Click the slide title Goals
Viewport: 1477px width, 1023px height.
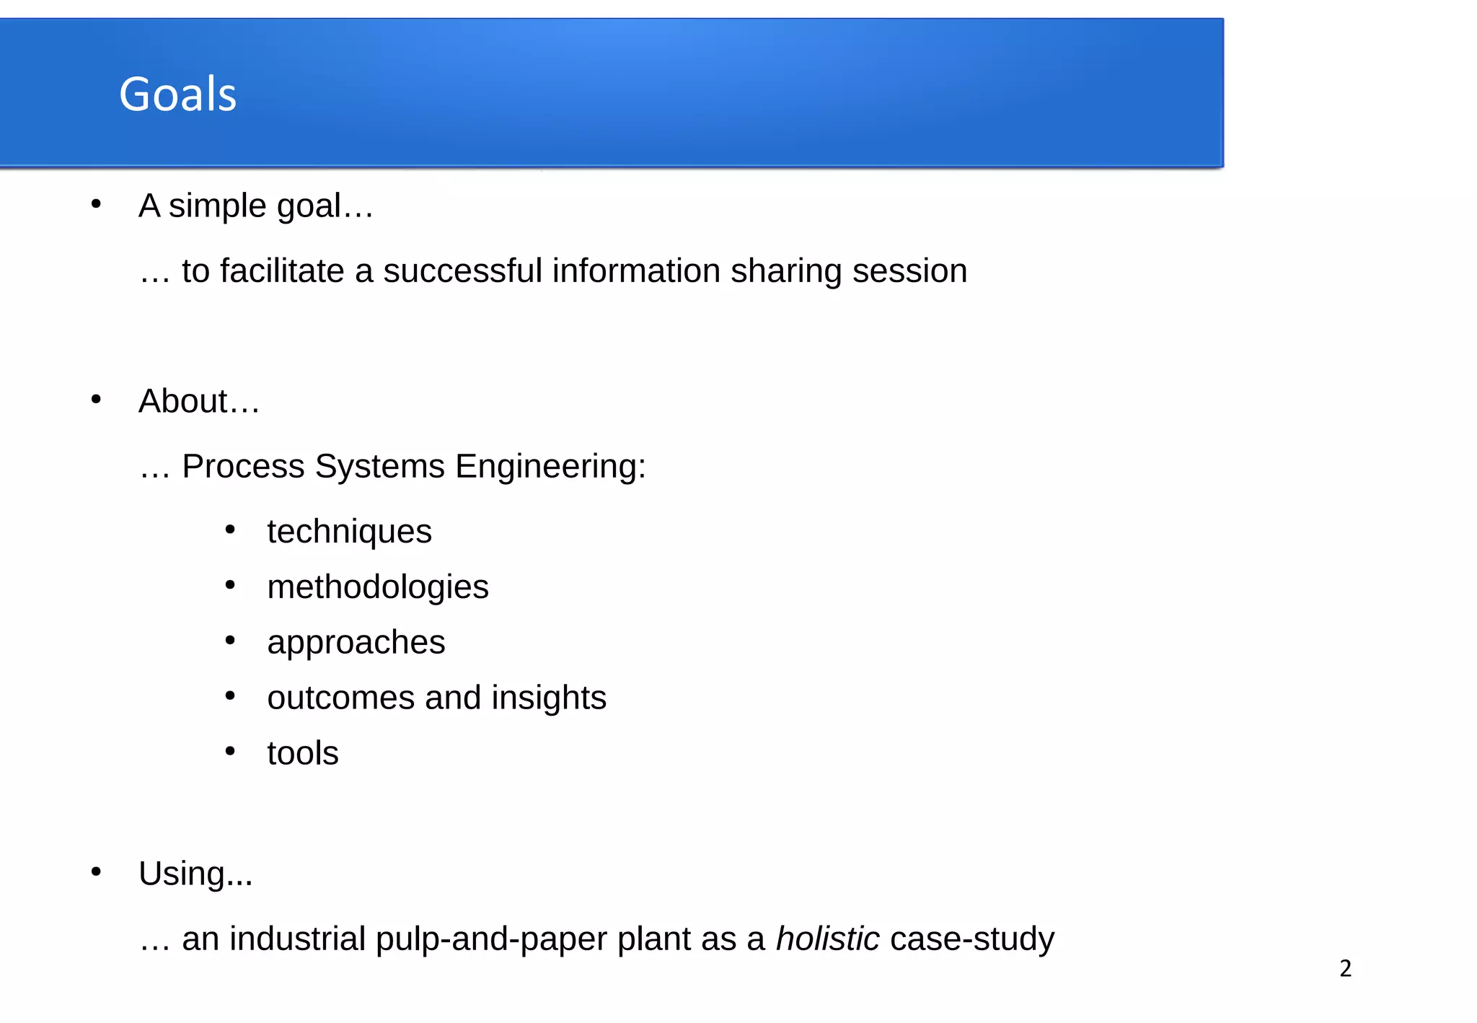[177, 95]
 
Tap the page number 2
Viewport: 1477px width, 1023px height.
[1345, 968]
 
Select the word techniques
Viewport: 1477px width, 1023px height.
[349, 532]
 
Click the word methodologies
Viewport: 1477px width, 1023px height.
[377, 587]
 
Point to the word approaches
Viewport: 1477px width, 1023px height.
[356, 642]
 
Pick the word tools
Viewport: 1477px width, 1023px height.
[302, 753]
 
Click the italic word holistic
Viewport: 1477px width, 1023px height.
[827, 939]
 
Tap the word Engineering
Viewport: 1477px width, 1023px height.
[550, 466]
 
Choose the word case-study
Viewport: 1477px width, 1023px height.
[972, 939]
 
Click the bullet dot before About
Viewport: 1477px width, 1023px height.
[96, 399]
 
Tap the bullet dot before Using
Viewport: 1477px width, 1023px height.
[96, 871]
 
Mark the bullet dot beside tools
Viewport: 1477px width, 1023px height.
[230, 751]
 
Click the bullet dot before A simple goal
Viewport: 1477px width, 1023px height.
[96, 204]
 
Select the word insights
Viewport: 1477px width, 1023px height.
[548, 698]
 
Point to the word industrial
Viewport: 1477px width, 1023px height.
[297, 939]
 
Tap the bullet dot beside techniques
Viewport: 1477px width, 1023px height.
[230, 530]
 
